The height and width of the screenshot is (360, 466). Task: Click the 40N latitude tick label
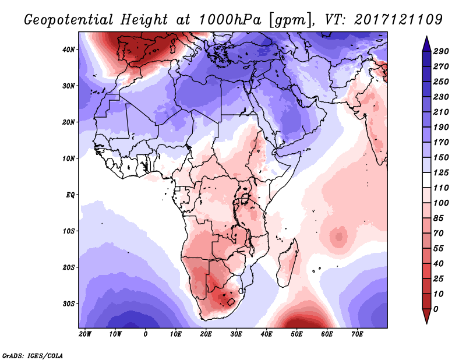coord(69,50)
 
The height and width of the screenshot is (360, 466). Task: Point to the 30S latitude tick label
coord(69,304)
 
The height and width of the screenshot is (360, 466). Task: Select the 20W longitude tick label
coord(85,334)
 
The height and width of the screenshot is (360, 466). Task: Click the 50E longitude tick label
coord(296,334)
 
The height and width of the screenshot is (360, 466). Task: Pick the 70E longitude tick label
coord(357,334)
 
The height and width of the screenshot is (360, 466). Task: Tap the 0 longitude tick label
coord(145,334)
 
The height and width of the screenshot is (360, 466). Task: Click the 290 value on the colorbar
coord(441,51)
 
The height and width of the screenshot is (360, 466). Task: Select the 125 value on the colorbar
coord(441,172)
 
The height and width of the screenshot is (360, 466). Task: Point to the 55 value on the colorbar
coord(439,249)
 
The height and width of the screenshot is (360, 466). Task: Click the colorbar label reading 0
coord(436,309)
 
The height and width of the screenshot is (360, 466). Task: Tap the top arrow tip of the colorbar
coord(426,37)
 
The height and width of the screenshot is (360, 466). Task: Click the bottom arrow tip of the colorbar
coord(426,323)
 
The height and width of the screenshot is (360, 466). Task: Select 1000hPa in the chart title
coord(230,20)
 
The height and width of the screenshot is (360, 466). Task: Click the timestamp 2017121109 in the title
coord(398,20)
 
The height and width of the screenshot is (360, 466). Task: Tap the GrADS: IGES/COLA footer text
coord(33,356)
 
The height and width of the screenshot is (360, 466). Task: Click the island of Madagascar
coord(288,263)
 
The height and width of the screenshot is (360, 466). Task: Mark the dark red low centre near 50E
coord(298,323)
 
